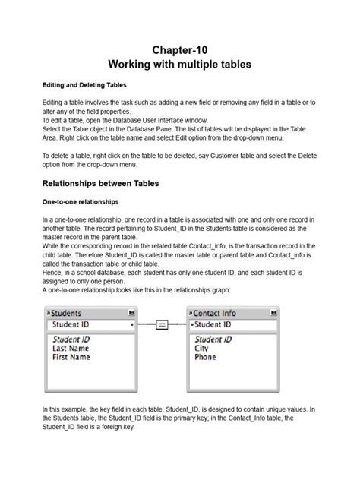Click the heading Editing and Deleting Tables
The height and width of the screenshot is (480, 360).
coord(84,84)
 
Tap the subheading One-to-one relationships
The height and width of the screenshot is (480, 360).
coord(80,201)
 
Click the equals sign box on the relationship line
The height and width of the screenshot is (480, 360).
coord(161,325)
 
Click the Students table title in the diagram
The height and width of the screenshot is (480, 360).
coord(66,313)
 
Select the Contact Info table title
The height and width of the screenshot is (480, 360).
coord(214,313)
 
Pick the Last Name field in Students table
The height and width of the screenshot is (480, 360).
coord(70,348)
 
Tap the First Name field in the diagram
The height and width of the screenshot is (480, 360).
coord(71,357)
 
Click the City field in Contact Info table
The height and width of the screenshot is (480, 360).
coord(201,348)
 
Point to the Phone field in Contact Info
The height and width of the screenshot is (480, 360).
coord(205,357)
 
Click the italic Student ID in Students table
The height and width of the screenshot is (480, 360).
coord(71,339)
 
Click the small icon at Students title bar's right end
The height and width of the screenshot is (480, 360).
coord(132,313)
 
